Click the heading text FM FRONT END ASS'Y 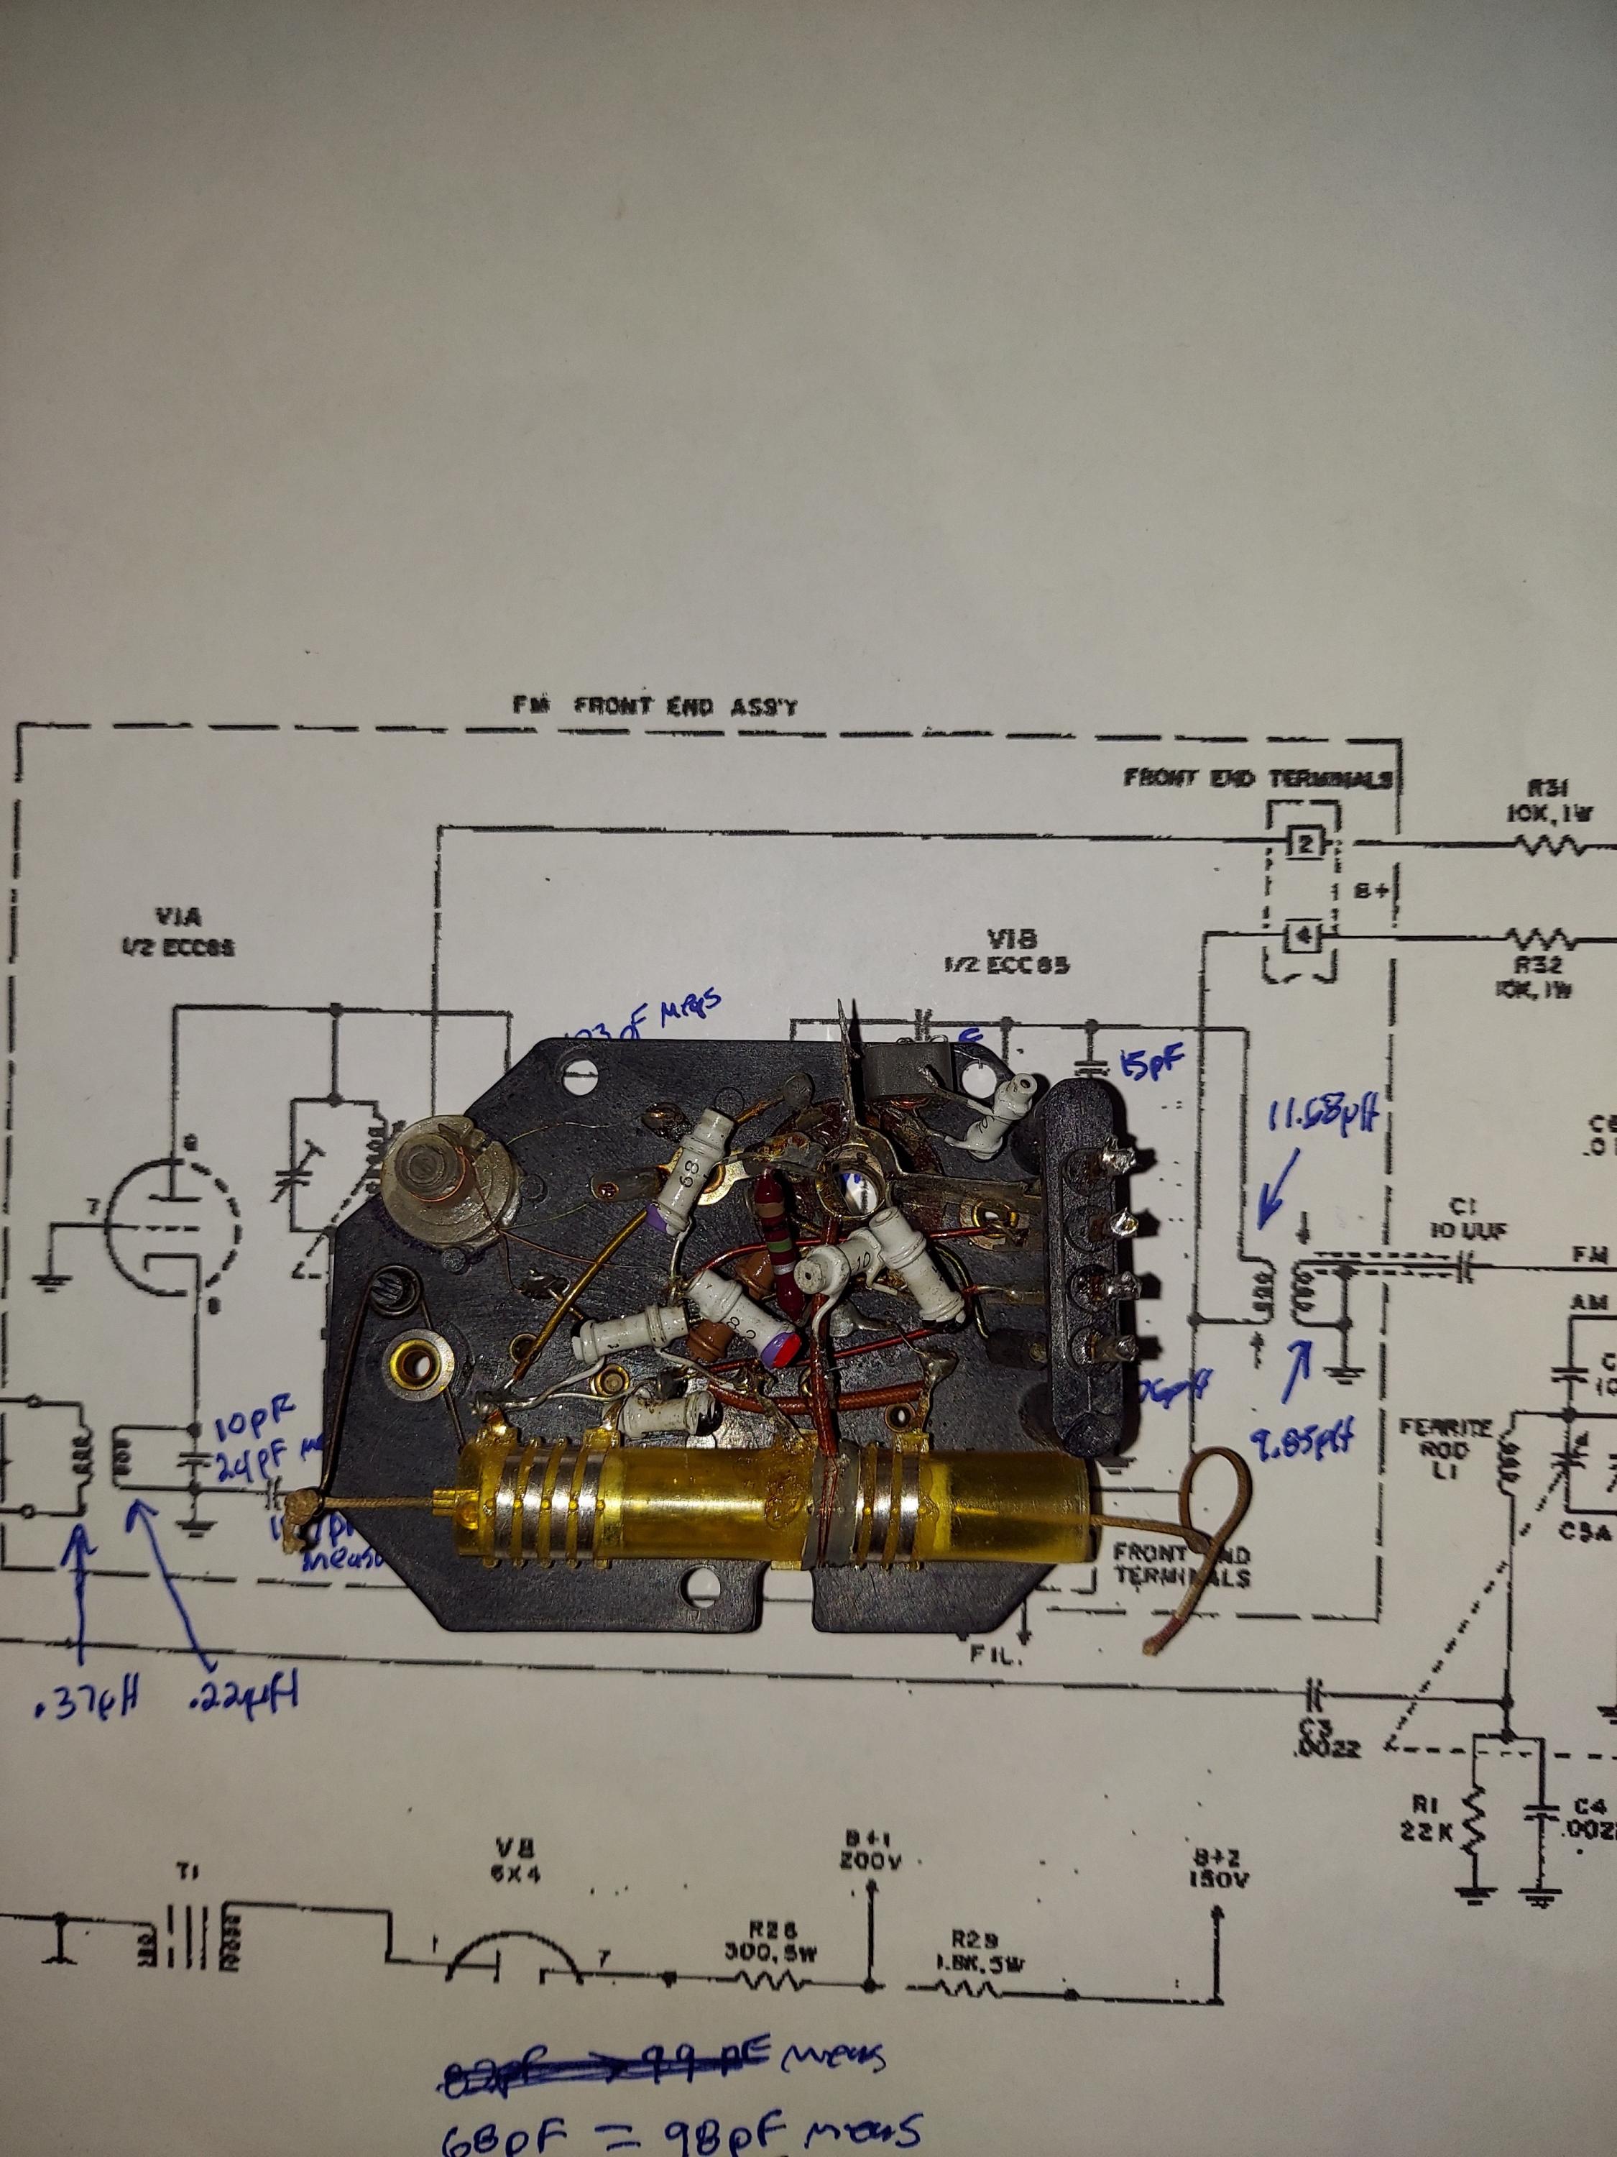coord(655,705)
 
